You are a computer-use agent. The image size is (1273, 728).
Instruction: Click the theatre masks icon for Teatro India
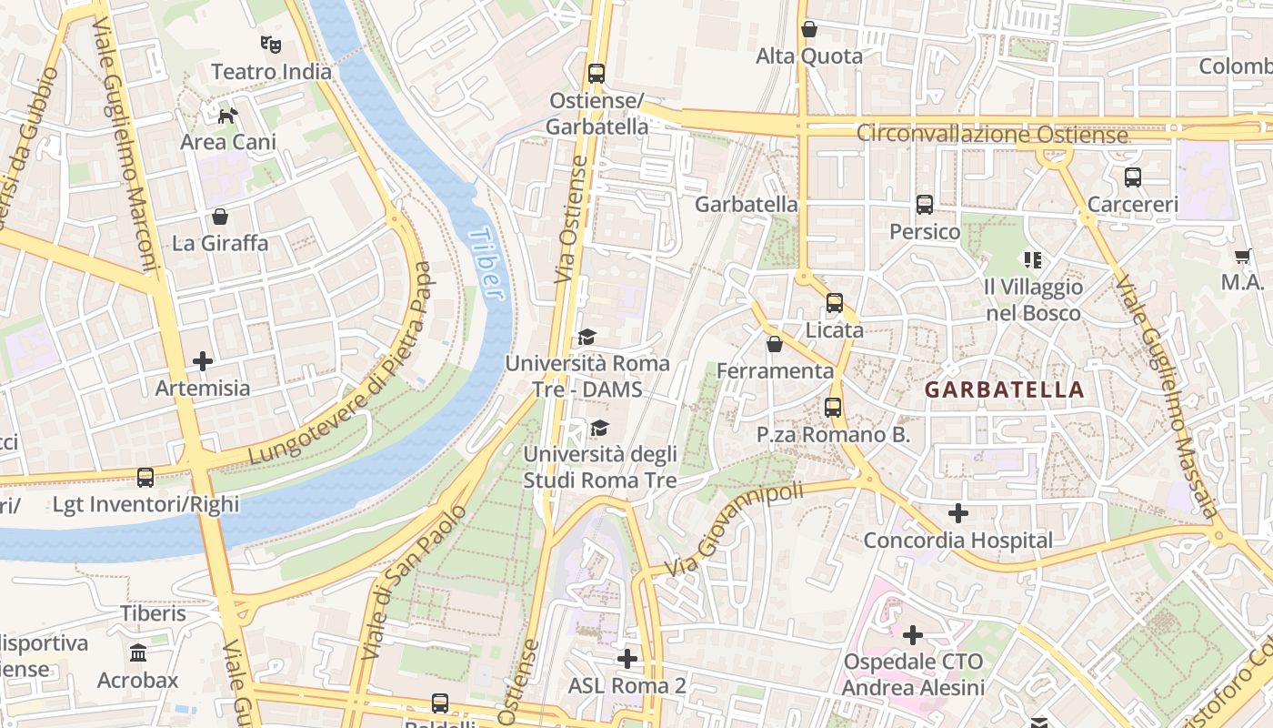[x=270, y=44]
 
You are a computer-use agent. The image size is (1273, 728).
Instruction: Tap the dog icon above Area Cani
[x=227, y=115]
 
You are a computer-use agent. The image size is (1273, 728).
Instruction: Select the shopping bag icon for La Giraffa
[x=219, y=217]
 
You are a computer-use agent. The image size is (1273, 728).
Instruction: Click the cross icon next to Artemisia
[x=203, y=361]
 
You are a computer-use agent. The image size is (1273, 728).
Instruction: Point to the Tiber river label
[x=486, y=264]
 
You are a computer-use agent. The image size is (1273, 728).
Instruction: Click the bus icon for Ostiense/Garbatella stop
[x=596, y=73]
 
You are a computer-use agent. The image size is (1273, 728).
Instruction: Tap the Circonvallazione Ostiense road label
[x=991, y=135]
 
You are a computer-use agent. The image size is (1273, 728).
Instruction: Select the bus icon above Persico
[x=925, y=205]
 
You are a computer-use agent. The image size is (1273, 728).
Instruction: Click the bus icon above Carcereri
[x=1132, y=177]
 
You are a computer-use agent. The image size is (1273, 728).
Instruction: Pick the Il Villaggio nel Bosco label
[x=1034, y=300]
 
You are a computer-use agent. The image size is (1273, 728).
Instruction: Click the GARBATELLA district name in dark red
[x=1004, y=390]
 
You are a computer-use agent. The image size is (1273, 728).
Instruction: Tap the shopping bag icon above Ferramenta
[x=774, y=344]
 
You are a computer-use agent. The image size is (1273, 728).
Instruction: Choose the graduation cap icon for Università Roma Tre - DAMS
[x=586, y=338]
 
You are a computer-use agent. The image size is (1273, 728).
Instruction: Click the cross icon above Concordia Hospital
[x=957, y=513]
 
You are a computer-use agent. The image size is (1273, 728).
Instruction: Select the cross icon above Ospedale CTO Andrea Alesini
[x=913, y=634]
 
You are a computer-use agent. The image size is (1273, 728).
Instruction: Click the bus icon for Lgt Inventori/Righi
[x=145, y=477]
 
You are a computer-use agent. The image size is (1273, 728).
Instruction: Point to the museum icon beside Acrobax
[x=138, y=653]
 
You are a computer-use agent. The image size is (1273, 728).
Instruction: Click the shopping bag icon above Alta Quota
[x=809, y=29]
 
